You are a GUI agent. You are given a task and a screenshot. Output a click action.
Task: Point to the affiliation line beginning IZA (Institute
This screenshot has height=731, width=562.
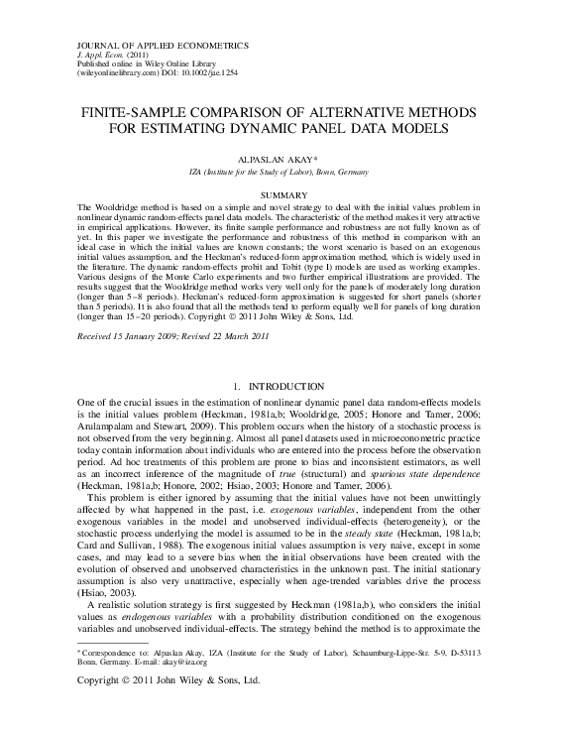(x=281, y=171)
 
